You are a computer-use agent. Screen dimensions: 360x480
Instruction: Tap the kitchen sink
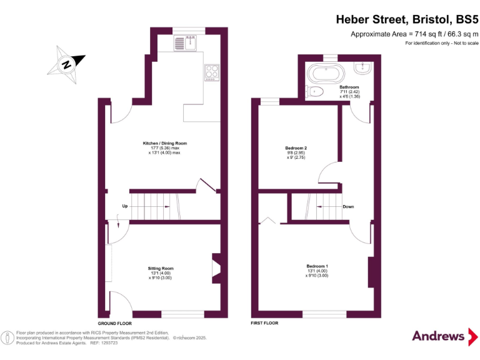click(185, 44)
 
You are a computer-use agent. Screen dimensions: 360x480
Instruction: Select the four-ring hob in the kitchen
click(211, 72)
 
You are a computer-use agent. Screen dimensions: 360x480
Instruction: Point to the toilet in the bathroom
click(316, 92)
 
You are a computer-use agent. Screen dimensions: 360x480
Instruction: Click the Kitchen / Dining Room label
click(164, 147)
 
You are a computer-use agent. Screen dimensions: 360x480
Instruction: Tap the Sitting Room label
click(160, 272)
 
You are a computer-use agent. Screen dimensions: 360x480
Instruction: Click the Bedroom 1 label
click(316, 271)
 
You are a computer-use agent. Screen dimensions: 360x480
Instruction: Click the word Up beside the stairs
click(125, 206)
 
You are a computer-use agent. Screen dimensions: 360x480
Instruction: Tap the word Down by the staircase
click(348, 206)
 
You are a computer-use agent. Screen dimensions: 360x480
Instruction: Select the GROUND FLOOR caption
click(115, 323)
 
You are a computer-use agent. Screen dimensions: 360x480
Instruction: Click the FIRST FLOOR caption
click(264, 323)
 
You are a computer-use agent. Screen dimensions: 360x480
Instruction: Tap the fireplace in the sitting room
click(216, 267)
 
